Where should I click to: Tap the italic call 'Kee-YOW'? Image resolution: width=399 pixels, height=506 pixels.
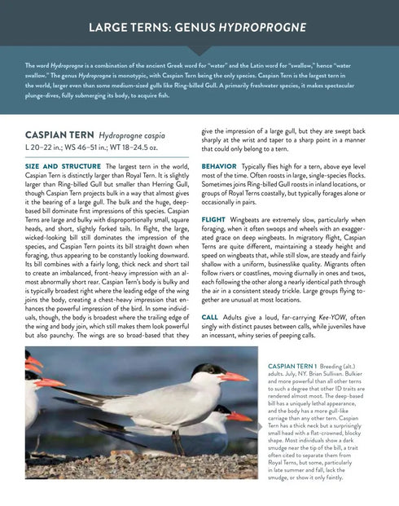point(313,317)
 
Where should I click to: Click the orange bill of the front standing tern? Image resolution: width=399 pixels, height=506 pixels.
point(232,376)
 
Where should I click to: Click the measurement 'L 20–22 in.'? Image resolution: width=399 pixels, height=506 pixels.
point(47,147)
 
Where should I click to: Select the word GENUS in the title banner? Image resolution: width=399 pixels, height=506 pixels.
point(200,29)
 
